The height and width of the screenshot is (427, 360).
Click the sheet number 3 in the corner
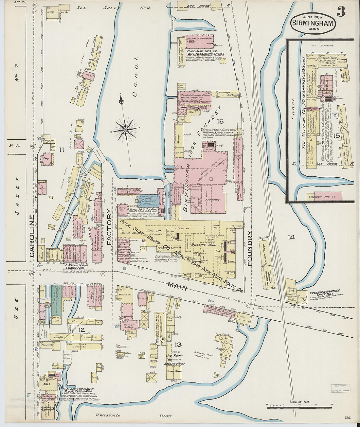click(x=341, y=11)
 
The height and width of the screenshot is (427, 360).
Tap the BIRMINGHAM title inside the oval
click(x=313, y=24)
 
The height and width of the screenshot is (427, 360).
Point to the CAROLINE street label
click(x=32, y=235)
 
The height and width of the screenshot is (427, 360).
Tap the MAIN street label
click(x=177, y=287)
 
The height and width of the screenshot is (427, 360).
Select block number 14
click(x=291, y=237)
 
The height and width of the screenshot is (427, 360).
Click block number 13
click(x=178, y=344)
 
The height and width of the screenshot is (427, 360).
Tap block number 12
click(x=81, y=329)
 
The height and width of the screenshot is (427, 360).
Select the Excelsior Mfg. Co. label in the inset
click(x=324, y=196)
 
